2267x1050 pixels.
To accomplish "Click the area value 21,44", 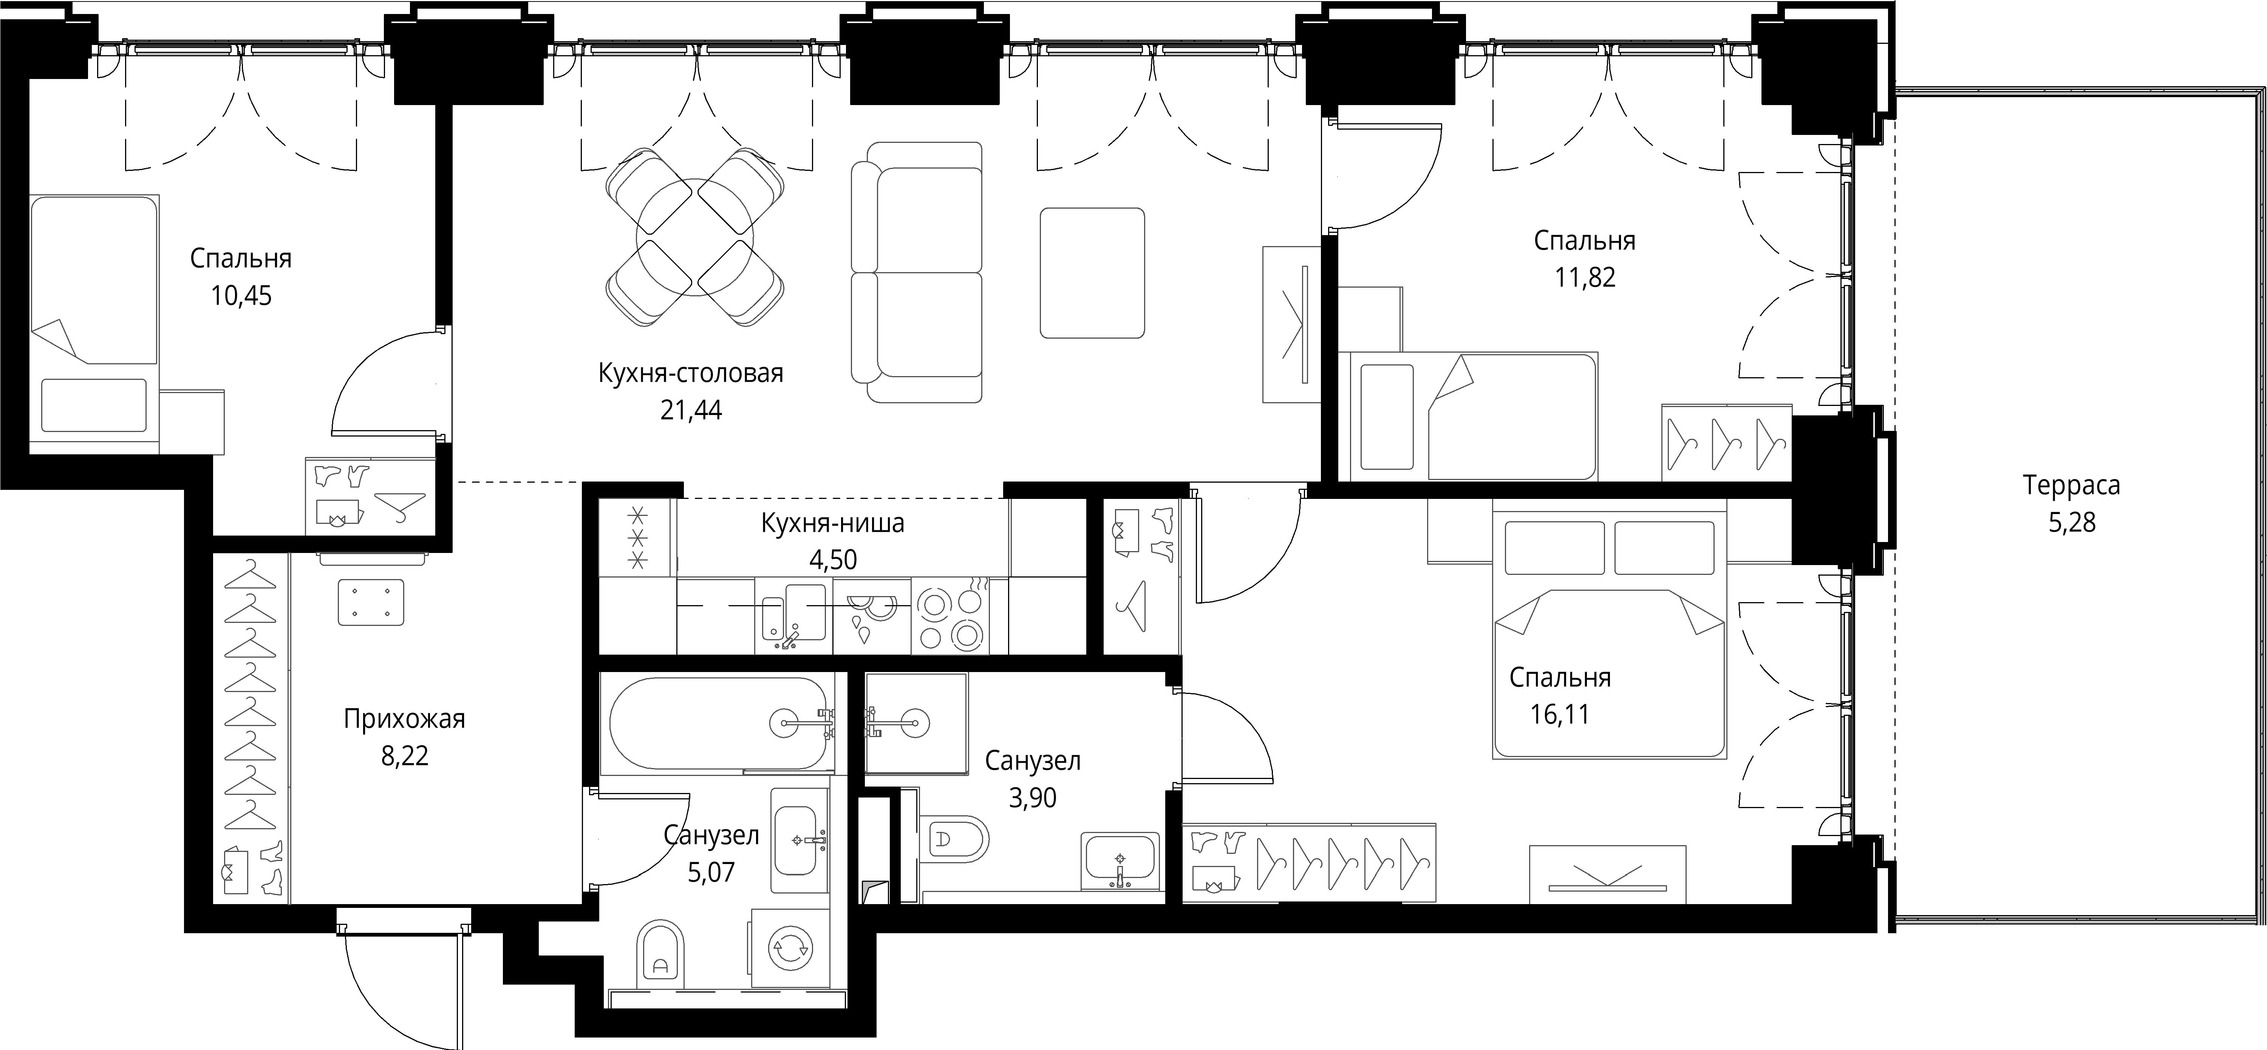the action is tap(691, 410).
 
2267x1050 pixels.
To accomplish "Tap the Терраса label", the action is tap(2071, 485).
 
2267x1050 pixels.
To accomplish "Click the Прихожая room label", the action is tap(404, 719).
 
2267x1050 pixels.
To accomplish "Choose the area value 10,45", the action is tap(241, 296).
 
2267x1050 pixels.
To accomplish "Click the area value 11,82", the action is tap(1585, 277).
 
